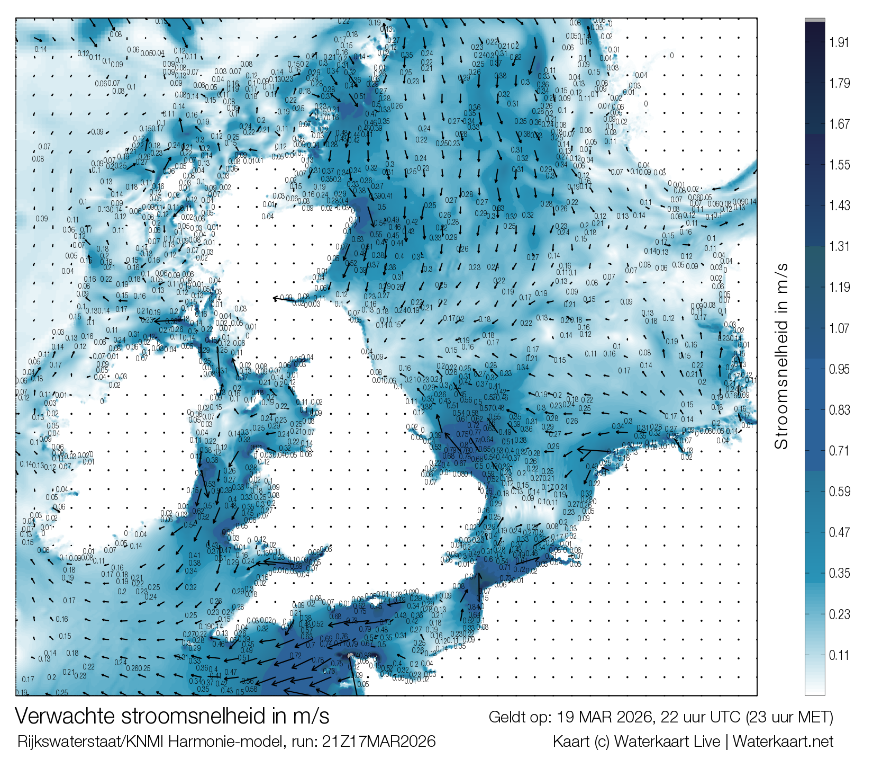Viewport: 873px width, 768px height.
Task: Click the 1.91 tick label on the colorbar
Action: (839, 43)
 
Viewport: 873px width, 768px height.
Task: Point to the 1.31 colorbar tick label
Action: (839, 246)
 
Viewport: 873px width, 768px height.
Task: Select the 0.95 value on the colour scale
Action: (839, 369)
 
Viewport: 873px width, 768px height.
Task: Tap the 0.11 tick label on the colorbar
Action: (839, 655)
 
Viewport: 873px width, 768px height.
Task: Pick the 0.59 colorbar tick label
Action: (839, 492)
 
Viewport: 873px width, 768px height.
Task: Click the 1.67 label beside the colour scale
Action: (839, 124)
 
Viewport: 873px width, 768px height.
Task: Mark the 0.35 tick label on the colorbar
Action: (839, 573)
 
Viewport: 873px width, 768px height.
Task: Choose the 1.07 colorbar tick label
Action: (839, 328)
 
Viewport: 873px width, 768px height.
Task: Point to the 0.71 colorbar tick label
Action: (839, 451)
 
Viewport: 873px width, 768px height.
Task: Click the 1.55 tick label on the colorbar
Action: (839, 165)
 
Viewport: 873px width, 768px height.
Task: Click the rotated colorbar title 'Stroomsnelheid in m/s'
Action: (781, 356)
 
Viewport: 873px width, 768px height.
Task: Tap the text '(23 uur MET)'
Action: (789, 718)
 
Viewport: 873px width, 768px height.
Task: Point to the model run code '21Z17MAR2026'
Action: (379, 742)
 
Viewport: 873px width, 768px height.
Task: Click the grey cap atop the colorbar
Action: (815, 20)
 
